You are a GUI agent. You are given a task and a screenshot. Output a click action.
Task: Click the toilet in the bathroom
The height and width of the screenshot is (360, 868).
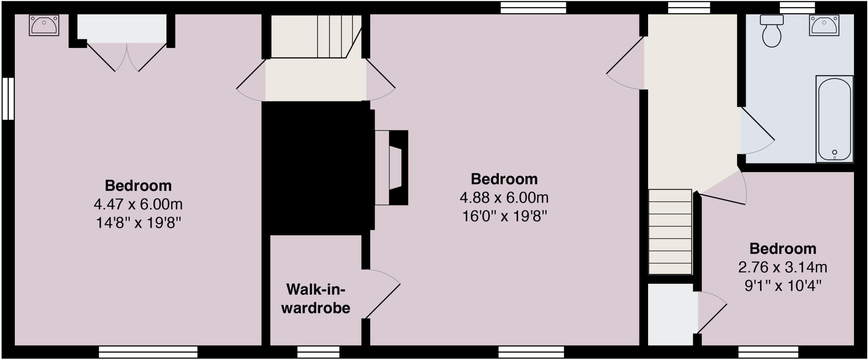coord(771,31)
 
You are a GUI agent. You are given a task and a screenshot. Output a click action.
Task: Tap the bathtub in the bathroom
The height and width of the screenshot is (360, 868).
coord(834,119)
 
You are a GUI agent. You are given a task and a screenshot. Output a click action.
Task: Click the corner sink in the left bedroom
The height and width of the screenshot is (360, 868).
coord(44,25)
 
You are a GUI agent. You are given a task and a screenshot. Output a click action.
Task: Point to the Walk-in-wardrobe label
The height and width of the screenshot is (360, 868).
coord(316,299)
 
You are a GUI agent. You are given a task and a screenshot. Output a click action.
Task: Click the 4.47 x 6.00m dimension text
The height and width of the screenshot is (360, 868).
coord(138,204)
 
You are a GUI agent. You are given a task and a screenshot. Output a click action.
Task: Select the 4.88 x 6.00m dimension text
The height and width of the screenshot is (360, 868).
coord(504,198)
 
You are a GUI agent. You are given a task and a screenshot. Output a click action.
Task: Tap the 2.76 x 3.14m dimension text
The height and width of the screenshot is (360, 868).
coord(782,268)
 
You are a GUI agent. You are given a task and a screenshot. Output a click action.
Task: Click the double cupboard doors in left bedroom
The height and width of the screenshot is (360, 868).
coord(127,57)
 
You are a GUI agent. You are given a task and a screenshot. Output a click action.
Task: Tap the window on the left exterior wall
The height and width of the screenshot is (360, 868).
coord(8,98)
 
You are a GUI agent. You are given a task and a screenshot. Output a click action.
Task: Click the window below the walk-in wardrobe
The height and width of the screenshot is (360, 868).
coord(318,352)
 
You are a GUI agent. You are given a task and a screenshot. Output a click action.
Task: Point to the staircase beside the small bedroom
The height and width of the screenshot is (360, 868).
coord(670,232)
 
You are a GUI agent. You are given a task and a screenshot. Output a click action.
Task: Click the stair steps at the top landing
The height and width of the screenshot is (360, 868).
coord(335,36)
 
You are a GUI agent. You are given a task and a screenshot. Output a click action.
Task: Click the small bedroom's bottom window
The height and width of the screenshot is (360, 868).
coord(768,352)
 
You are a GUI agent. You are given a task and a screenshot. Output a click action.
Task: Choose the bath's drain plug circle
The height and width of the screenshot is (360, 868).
coord(835,152)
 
